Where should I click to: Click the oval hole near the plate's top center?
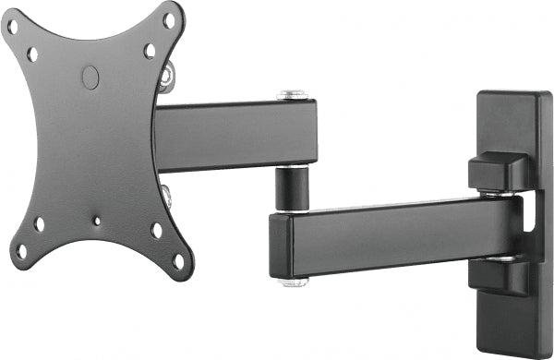tap(90, 78)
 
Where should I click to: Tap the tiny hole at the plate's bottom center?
tap(97, 221)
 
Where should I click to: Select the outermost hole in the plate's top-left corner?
tap(13, 28)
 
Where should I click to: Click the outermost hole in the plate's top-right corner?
tap(169, 19)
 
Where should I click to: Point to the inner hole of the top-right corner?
tap(150, 51)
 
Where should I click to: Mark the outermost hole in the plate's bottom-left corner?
tap(20, 250)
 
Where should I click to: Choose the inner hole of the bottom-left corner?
tap(39, 224)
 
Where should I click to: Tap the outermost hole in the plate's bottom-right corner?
tap(178, 259)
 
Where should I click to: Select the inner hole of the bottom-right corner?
tap(157, 230)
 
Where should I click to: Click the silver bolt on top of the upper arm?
tap(293, 94)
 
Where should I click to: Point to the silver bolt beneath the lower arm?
tap(295, 281)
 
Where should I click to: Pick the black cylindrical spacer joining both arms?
tap(293, 188)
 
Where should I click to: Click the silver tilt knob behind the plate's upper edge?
tap(167, 75)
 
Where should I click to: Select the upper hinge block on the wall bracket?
tap(499, 173)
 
